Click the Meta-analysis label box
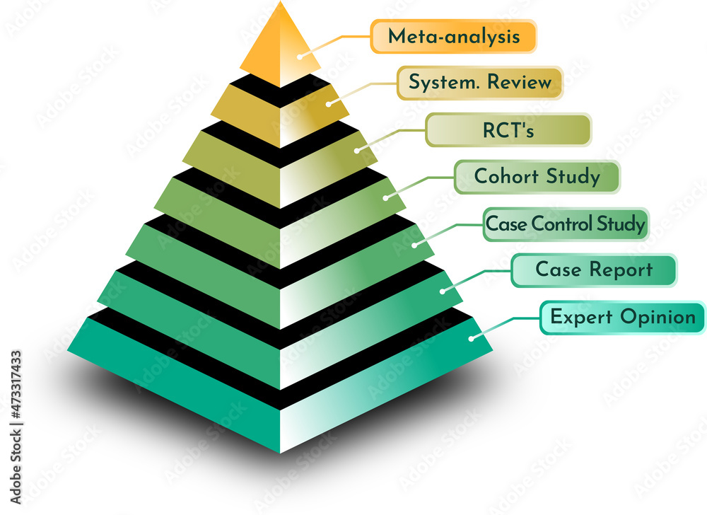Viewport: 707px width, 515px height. [x=453, y=36]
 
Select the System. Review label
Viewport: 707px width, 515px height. [x=480, y=83]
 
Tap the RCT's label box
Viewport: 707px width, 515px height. [x=508, y=130]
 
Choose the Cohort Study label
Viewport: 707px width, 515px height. [x=537, y=176]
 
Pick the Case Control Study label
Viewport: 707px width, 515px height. [x=565, y=224]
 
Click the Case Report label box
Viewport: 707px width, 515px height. [x=594, y=270]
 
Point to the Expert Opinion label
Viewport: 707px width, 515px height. [x=623, y=317]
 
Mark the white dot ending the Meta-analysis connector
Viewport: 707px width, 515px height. [x=300, y=56]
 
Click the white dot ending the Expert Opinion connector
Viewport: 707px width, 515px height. [x=471, y=338]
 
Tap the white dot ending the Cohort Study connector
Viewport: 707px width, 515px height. [x=385, y=197]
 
